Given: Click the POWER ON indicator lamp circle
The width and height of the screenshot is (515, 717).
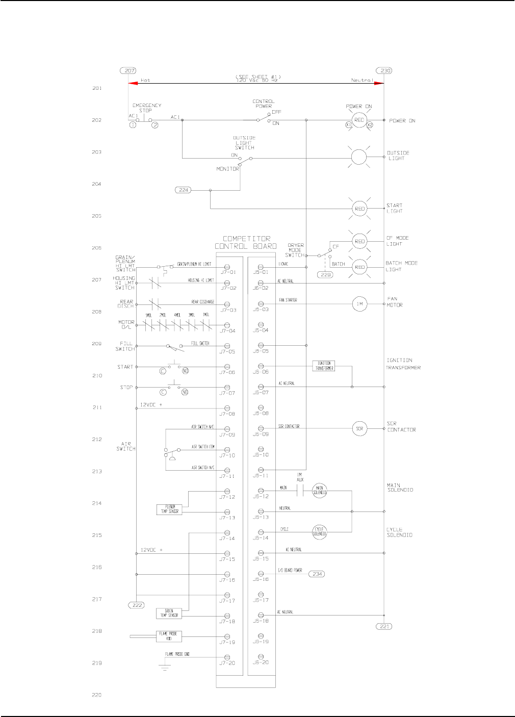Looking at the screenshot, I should pos(359,120).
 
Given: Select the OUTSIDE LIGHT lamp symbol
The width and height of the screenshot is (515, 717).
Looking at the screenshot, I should pos(359,158).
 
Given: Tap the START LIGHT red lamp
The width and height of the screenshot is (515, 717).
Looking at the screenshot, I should pos(359,208).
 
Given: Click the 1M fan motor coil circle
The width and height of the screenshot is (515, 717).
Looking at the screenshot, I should pos(359,304).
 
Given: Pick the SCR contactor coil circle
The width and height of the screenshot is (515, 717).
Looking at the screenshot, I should pos(359,428).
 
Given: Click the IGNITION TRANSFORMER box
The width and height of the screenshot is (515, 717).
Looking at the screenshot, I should pos(324,366).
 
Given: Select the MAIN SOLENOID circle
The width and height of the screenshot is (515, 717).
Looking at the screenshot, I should pos(320,491).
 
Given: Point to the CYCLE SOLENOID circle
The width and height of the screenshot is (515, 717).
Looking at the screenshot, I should pos(320,532).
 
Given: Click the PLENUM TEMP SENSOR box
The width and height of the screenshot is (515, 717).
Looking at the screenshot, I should pos(169,509).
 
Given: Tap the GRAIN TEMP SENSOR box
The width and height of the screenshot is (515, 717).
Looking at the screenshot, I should pos(169,613).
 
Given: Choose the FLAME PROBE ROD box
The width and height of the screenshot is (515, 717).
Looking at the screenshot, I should pos(169,636).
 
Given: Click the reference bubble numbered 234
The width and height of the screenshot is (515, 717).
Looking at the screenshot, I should pos(317,574).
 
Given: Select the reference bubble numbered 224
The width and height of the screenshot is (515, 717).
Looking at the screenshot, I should pos(184,190).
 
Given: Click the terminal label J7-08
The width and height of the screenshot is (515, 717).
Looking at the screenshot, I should pos(227,414).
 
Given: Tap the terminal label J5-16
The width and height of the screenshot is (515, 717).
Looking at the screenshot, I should pos(261,579).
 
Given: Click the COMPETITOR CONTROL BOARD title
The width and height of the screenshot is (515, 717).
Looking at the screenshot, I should pos(246,242).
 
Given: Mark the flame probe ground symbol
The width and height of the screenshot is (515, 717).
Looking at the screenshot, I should pos(165,665).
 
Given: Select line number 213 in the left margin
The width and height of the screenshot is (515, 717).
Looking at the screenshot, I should pos(97,471).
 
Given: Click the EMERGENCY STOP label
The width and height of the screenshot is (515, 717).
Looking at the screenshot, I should pos(147,108).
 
